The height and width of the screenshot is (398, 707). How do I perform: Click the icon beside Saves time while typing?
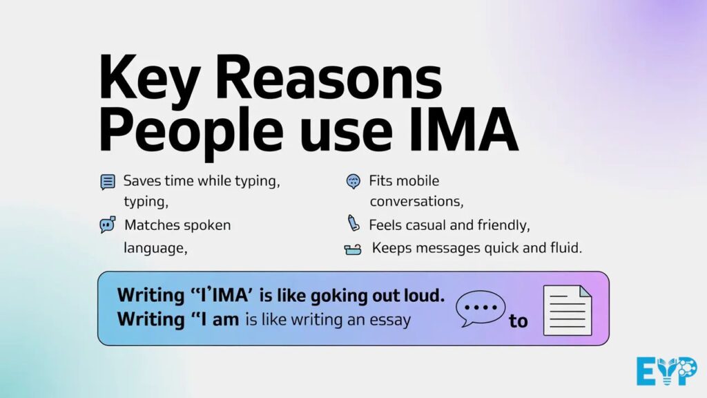pyautogui.click(x=108, y=182)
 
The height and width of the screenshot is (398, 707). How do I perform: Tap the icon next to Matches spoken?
pyautogui.click(x=107, y=225)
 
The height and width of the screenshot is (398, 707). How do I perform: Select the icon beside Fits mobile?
pyautogui.click(x=353, y=182)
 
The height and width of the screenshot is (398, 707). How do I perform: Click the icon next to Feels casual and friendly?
pyautogui.click(x=353, y=224)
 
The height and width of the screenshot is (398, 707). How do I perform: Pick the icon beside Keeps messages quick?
pyautogui.click(x=353, y=249)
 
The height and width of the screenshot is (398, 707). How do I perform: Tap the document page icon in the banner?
pyautogui.click(x=568, y=310)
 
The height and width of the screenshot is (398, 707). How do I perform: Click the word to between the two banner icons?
pyautogui.click(x=518, y=321)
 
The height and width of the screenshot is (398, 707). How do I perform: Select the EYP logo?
pyautogui.click(x=666, y=371)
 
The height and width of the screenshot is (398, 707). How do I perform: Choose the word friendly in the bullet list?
pyautogui.click(x=505, y=225)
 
